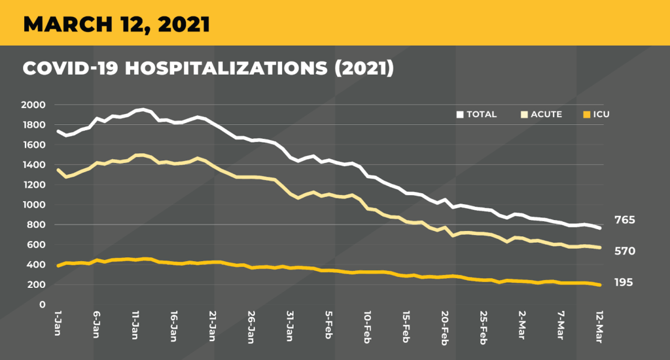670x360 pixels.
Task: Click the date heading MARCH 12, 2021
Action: [x=116, y=24]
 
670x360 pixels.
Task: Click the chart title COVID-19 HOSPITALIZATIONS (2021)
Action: [x=208, y=68]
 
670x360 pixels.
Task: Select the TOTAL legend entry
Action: [x=478, y=115]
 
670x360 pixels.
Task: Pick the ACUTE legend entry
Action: [x=544, y=115]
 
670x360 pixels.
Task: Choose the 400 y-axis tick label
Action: [x=37, y=265]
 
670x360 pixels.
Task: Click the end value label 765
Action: [x=625, y=221]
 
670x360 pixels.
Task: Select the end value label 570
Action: [x=625, y=251]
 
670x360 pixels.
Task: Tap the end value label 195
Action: [x=624, y=283]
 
